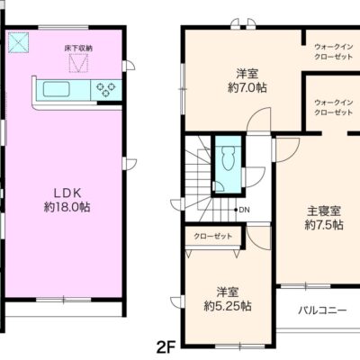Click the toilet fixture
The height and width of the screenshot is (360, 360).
coord(228,160)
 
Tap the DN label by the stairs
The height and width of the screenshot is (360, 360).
coord(245,211)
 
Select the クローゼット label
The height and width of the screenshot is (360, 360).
coord(213,236)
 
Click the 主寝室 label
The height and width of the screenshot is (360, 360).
coord(324,211)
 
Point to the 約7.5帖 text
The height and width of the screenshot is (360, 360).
coord(324,225)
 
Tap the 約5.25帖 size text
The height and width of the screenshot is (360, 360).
coord(227,306)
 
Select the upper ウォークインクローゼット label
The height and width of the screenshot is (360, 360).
coord(332,50)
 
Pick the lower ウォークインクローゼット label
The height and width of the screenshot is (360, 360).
coord(332,107)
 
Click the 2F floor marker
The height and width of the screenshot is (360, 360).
coord(164,346)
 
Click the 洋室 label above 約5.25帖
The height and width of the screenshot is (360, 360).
coord(227,291)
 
